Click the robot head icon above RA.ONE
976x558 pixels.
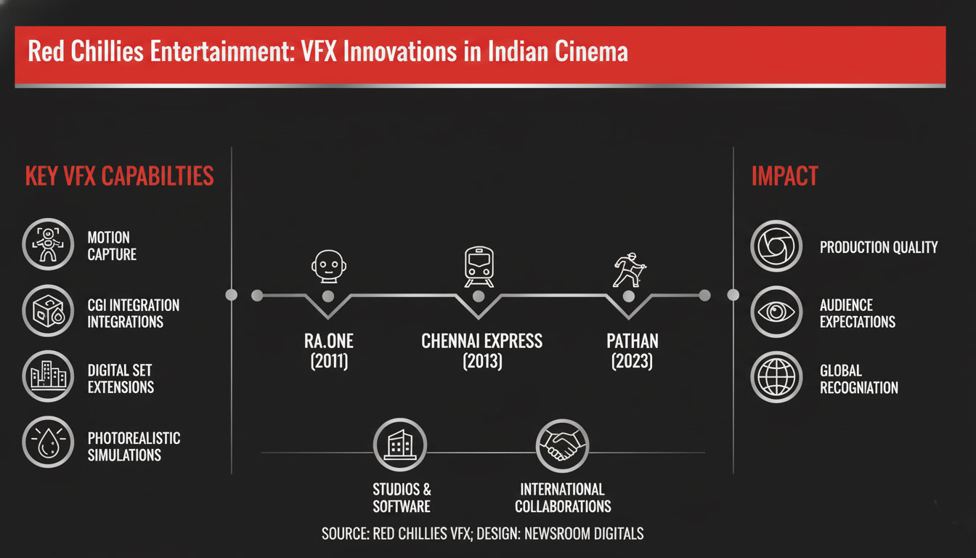point(327,266)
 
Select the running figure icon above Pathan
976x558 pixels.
point(627,269)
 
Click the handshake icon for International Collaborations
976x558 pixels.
point(562,445)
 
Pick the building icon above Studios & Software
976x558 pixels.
point(399,445)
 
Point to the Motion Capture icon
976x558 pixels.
point(49,245)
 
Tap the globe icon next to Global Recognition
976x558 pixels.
point(776,377)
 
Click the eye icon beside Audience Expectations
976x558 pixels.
point(776,311)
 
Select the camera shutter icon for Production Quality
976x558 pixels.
point(776,246)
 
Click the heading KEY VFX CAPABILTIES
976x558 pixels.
point(119,176)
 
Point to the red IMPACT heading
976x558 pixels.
point(784,176)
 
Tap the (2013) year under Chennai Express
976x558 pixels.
point(481,361)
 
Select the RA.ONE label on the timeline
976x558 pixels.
point(329,341)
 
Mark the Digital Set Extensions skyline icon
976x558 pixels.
point(49,376)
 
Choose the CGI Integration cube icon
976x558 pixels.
point(49,310)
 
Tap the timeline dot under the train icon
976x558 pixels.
point(479,296)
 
